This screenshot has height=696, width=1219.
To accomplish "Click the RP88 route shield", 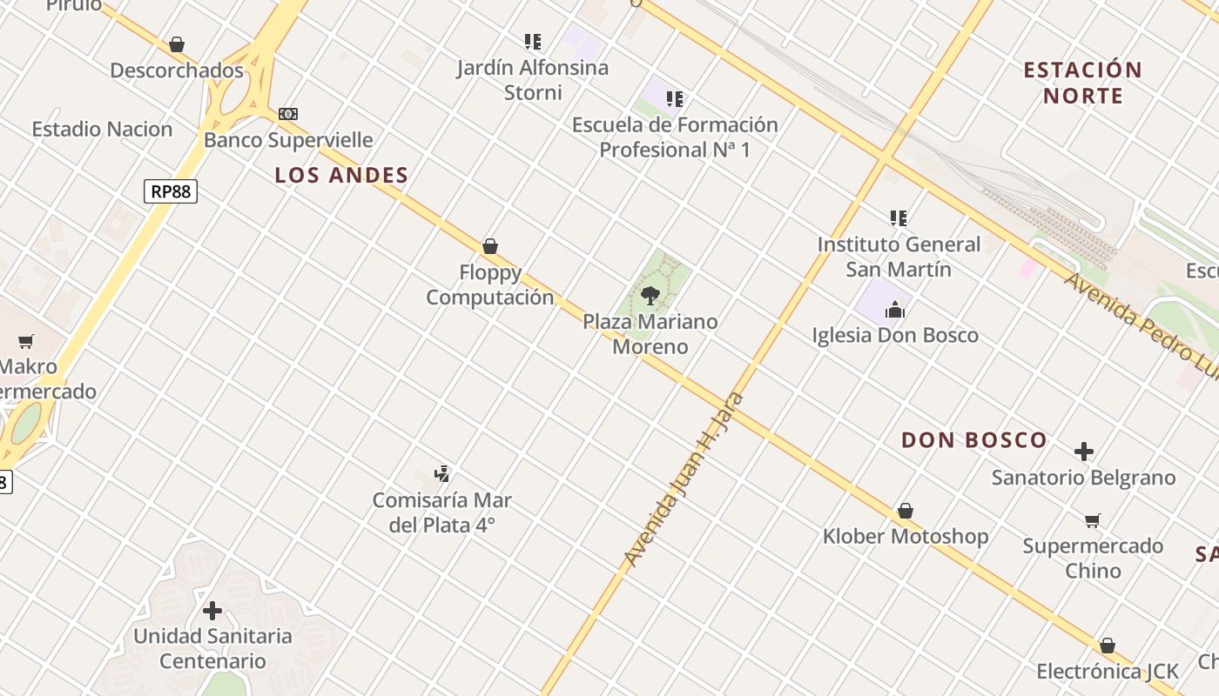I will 171,191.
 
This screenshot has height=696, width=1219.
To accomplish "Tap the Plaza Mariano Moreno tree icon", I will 650,296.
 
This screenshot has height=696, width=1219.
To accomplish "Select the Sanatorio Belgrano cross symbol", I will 1084,452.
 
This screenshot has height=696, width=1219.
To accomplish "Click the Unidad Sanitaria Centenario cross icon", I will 212,610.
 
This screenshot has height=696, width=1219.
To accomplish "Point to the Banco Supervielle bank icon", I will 288,114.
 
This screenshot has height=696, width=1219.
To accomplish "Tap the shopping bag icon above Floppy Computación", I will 490,246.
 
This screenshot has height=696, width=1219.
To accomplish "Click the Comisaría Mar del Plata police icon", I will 442,474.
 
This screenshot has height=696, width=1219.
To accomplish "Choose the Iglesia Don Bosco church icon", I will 894,309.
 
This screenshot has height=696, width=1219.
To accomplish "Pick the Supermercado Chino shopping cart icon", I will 1093,520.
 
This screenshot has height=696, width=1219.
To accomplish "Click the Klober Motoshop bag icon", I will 906,511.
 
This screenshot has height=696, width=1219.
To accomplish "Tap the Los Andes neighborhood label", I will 341,175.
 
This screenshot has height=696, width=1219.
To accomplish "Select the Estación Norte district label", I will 1082,83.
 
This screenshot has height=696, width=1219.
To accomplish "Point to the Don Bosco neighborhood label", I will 973,440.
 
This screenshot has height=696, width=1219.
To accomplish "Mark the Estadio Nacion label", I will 102,130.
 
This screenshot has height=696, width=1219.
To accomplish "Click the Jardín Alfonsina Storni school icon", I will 533,41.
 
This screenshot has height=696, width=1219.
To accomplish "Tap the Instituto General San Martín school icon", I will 899,217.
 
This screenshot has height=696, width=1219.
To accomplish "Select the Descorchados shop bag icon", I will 177,44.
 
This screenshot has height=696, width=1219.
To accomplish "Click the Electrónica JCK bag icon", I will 1107,646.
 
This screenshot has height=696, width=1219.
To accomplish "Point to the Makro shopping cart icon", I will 26,341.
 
